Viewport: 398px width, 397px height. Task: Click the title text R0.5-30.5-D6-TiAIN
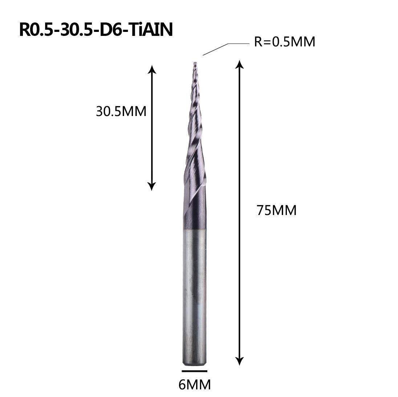(96, 30)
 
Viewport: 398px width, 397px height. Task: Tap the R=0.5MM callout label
(284, 42)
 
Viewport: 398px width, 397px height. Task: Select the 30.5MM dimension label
(121, 111)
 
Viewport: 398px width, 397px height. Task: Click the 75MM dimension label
(276, 210)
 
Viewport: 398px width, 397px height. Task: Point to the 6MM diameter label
(195, 385)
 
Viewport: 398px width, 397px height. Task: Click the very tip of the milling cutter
(195, 63)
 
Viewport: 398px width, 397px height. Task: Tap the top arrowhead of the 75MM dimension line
(239, 64)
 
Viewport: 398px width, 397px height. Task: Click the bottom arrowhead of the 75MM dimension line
(239, 361)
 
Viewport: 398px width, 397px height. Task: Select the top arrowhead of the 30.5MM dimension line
(152, 69)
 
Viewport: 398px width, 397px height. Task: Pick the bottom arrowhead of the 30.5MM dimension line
(152, 186)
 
